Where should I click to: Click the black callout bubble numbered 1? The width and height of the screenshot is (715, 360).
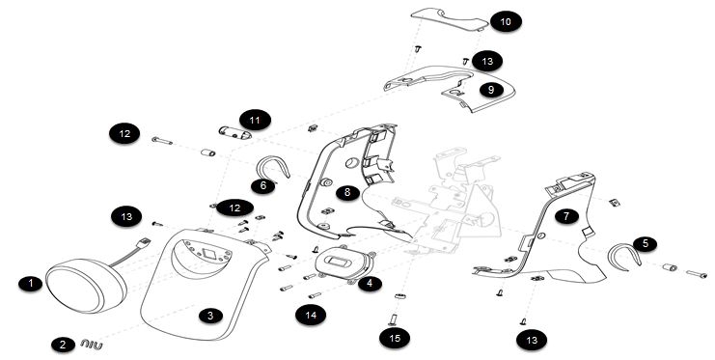(x=31, y=284)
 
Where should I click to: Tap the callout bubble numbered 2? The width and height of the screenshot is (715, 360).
(x=64, y=345)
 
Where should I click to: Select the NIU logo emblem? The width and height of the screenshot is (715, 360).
(x=92, y=345)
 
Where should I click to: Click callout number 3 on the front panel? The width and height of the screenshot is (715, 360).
(x=210, y=316)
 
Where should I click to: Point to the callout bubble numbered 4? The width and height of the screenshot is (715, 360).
(x=370, y=284)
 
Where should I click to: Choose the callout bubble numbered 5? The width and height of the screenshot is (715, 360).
(x=645, y=243)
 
